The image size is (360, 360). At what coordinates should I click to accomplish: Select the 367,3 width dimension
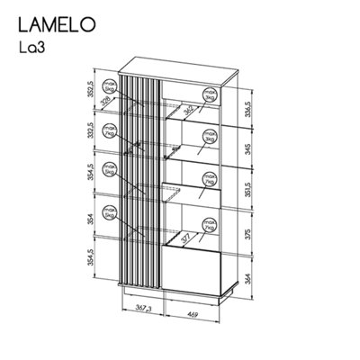(135, 309)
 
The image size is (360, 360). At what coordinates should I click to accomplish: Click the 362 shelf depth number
(187, 110)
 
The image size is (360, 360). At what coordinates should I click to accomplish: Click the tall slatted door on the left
(140, 180)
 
